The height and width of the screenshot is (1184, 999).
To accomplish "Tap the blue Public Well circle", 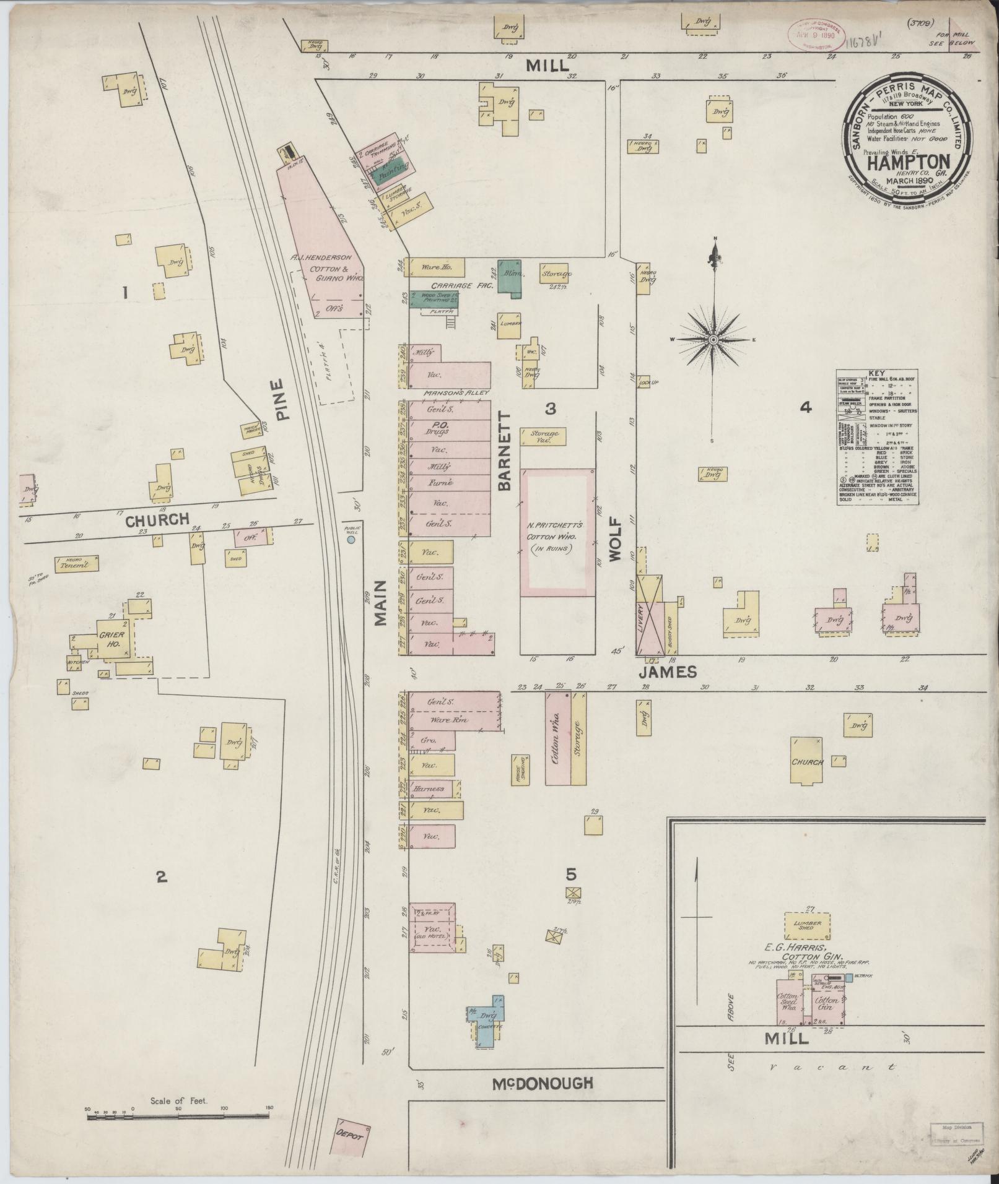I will coord(351,540).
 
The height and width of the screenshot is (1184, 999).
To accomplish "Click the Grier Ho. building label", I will coord(112,639).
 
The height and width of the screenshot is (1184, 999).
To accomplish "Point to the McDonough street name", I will coord(542,1082).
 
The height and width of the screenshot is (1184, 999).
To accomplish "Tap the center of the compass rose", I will coord(713,339).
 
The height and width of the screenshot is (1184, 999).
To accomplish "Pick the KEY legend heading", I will coord(876,374).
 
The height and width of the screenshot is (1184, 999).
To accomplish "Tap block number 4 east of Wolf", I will coord(805,407).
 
